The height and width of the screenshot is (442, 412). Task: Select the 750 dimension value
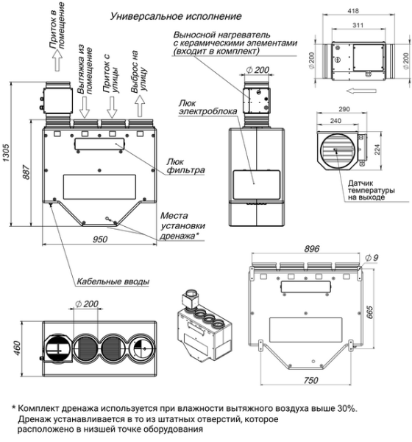pyautogui.click(x=312, y=379)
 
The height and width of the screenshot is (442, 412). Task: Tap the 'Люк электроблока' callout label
pyautogui.click(x=196, y=106)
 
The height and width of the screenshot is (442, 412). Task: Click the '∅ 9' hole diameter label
pyautogui.click(x=371, y=257)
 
